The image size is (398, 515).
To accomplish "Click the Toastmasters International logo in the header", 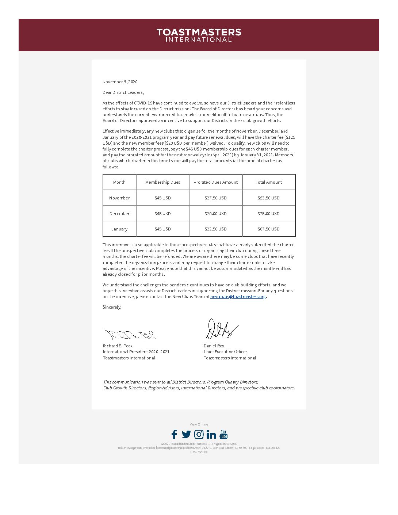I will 199,35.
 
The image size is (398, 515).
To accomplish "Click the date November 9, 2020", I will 120,82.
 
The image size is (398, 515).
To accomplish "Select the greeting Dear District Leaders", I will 123,92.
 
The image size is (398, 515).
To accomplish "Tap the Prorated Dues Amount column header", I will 215,182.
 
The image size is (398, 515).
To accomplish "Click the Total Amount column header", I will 269,182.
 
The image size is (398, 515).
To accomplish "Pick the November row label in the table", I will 119,198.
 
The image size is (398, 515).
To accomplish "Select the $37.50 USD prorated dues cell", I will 215,198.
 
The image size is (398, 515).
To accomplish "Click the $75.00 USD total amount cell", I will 269,214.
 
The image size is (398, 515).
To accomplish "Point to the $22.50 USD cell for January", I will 215,229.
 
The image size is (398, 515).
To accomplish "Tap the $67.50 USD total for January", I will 269,229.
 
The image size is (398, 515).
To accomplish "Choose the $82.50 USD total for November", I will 269,198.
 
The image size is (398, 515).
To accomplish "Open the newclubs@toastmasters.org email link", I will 238,297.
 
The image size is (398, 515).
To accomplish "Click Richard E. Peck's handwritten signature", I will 130,334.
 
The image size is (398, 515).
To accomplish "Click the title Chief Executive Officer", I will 225,352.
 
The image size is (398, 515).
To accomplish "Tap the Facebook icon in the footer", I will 174,434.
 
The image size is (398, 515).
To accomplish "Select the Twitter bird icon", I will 186,434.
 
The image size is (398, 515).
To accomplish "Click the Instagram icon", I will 199,434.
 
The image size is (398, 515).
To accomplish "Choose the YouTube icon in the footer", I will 223,434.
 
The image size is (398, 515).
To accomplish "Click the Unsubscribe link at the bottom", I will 199,452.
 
